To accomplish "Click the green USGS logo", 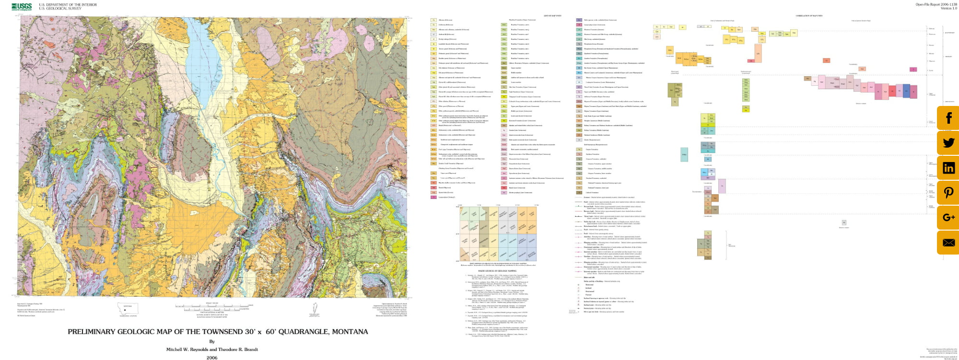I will (21, 7).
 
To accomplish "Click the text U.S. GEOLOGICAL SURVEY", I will (60, 9).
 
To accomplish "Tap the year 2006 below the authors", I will (212, 357).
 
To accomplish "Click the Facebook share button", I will (948, 118).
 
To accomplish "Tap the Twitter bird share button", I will (948, 143).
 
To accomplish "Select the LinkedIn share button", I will (948, 168).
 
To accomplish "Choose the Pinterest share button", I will (948, 193).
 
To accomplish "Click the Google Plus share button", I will (948, 218).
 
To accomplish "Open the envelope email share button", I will (948, 243).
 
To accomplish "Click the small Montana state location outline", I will (128, 309).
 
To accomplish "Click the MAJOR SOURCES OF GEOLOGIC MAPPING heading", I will (497, 271).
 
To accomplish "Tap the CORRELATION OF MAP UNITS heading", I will (809, 16).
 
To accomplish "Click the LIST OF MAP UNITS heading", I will (552, 16).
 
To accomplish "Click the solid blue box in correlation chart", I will (906, 91).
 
